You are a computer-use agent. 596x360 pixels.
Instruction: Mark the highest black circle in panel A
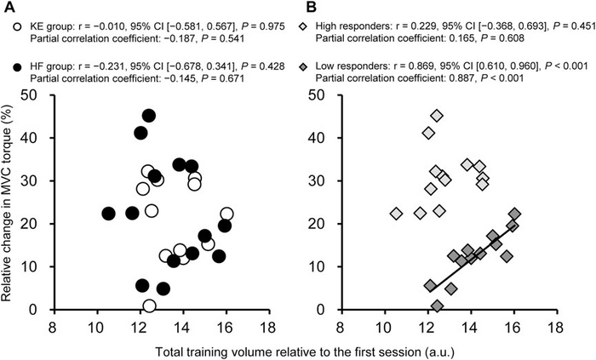tap(148, 116)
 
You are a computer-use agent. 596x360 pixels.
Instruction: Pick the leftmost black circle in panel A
tap(108, 214)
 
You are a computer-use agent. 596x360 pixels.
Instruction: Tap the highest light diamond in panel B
tap(437, 116)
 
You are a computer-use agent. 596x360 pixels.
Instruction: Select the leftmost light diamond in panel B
tap(396, 214)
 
